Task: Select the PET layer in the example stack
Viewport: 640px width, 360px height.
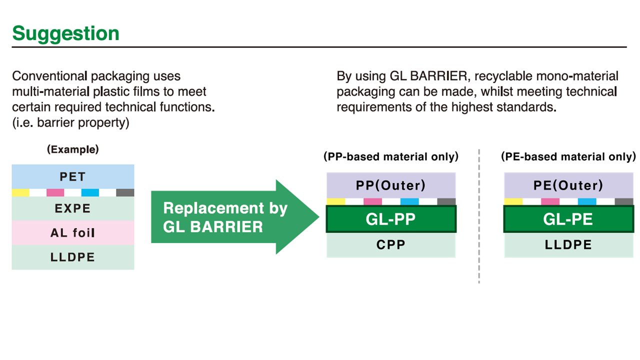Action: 73,176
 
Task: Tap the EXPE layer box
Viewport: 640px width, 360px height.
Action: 73,208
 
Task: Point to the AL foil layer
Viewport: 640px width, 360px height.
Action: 73,232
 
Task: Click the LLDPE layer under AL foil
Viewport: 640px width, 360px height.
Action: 73,257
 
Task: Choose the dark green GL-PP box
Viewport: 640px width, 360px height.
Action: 391,219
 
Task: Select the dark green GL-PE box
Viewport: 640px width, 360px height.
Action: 568,219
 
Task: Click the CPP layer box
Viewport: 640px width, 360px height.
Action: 391,245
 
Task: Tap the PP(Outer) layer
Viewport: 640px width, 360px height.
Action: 391,185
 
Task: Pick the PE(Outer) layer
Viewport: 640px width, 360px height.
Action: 568,185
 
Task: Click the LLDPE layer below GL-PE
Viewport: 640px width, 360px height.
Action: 568,245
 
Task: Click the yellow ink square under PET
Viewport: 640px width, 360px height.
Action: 20,193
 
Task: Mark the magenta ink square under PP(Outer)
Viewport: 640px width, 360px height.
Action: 372,201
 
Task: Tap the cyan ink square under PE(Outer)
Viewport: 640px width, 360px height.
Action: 587,201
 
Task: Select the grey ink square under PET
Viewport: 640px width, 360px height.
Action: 125,193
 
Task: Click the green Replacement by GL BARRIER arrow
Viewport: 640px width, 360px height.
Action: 235,217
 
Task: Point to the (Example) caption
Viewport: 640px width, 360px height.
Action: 73,149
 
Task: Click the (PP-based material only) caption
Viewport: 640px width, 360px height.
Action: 391,157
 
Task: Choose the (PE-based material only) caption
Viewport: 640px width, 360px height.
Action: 568,157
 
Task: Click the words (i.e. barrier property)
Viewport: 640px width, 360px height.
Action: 70,123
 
